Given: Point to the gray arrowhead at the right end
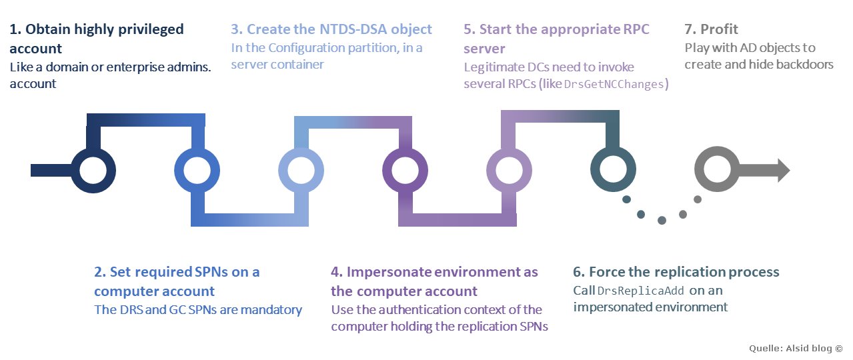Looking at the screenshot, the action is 784,170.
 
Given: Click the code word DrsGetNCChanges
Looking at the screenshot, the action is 614,84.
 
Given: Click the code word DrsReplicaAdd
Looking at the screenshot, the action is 640,291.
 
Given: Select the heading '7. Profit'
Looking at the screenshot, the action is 711,29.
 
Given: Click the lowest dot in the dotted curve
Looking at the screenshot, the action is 662,220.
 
